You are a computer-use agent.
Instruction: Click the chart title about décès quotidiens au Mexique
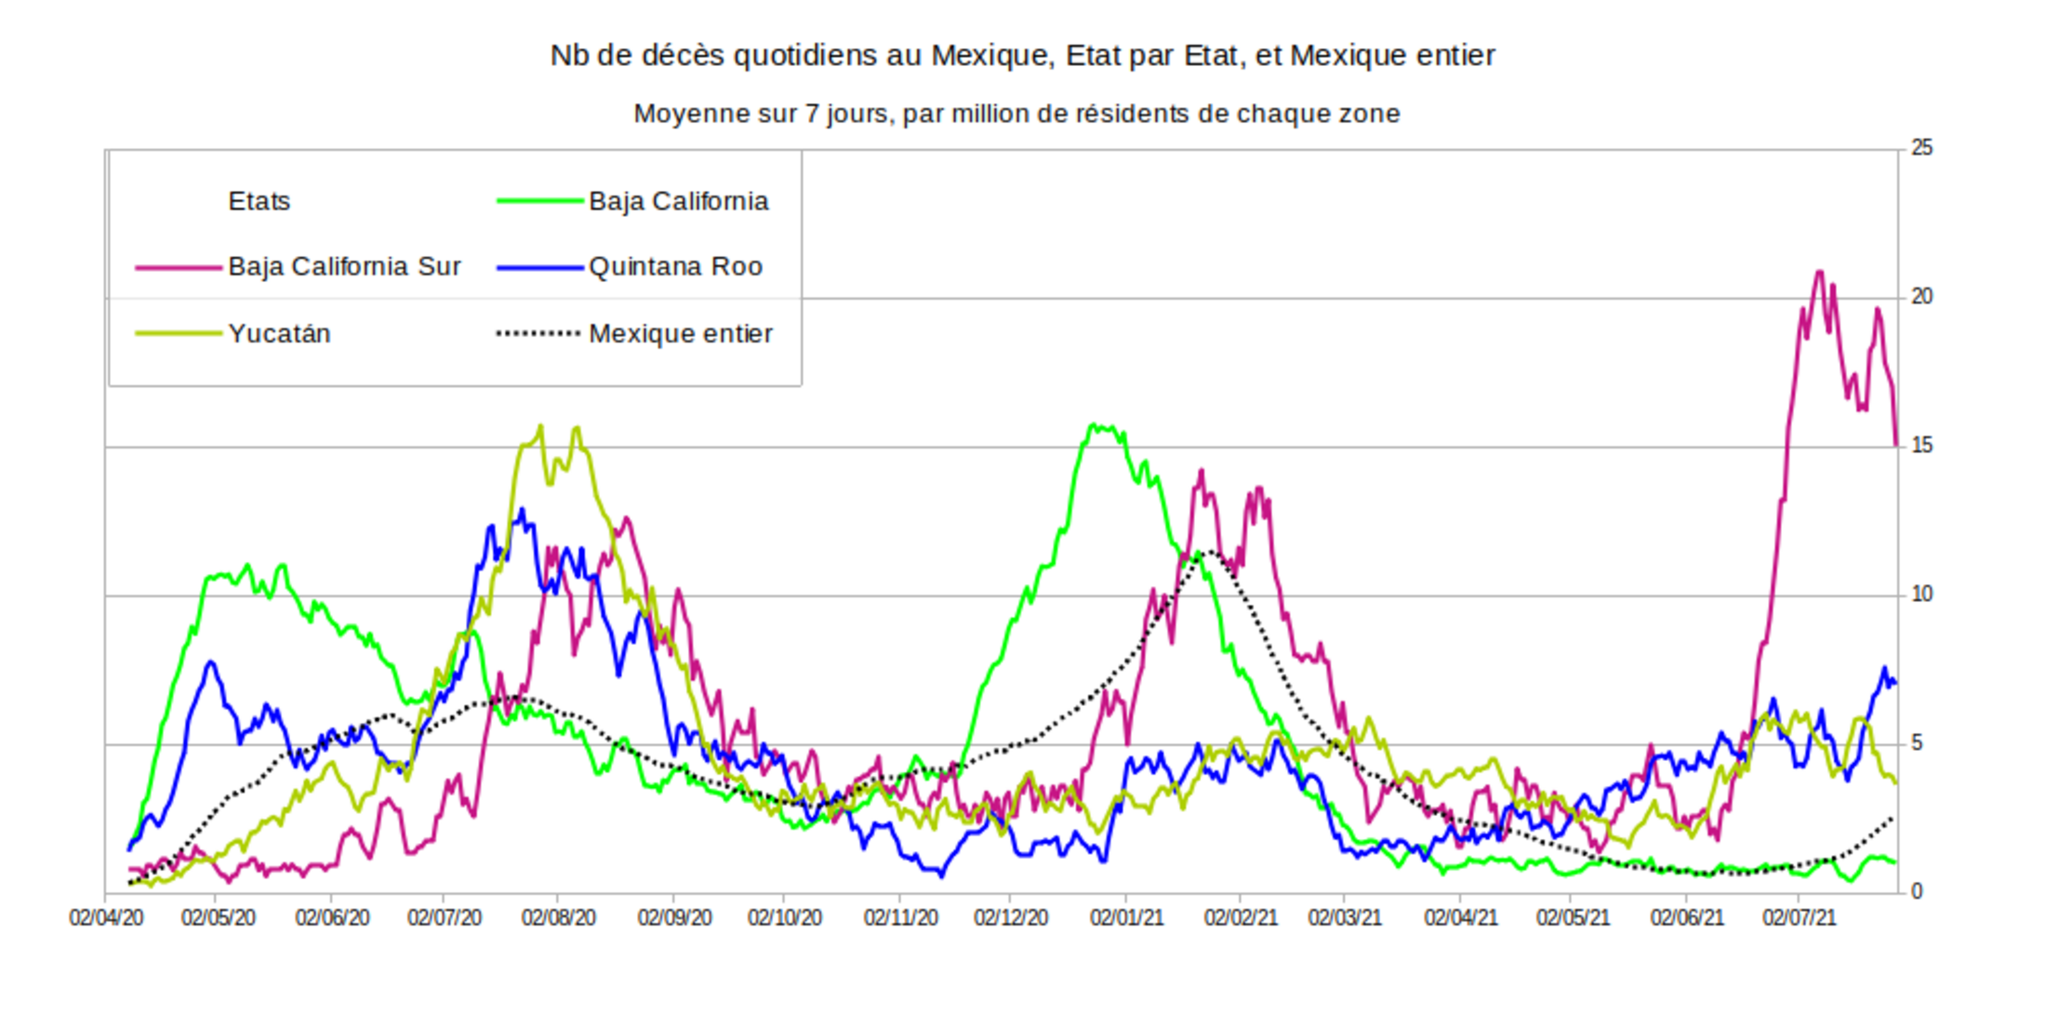click(1022, 56)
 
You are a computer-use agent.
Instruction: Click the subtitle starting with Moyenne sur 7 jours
click(1016, 114)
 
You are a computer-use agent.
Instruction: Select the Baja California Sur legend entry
click(344, 267)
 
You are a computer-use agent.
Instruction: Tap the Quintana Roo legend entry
click(675, 267)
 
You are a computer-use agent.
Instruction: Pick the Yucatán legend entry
click(279, 333)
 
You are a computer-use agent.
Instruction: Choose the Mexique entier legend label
click(680, 333)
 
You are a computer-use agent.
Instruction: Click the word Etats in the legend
click(259, 201)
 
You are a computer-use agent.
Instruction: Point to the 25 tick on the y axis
click(1921, 148)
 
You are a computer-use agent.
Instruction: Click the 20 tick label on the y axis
click(1921, 297)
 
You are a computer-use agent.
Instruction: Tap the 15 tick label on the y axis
click(1921, 446)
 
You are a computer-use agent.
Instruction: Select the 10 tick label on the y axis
click(1921, 594)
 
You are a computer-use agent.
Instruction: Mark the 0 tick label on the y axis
click(1917, 891)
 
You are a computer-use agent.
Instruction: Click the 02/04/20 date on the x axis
click(106, 918)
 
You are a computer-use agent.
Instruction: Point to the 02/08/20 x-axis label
click(558, 918)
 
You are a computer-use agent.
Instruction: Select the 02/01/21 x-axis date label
click(1126, 918)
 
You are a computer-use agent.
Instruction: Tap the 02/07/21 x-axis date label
click(1800, 918)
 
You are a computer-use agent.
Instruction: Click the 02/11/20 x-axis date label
click(900, 918)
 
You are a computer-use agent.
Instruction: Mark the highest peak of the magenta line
click(1819, 272)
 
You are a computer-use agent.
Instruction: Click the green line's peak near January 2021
click(1094, 425)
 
